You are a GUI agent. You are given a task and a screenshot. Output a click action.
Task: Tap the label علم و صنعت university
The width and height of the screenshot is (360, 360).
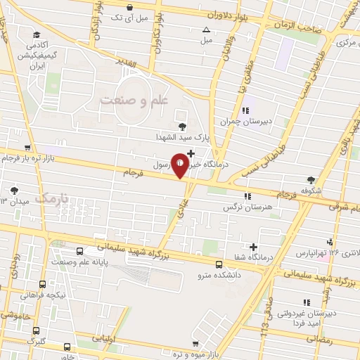pyautogui.click(x=135, y=100)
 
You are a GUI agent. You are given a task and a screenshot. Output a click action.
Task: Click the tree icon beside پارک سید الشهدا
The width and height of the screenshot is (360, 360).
pyautogui.click(x=183, y=127)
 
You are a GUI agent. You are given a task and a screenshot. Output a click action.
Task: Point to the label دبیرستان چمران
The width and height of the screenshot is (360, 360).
pyautogui.click(x=245, y=121)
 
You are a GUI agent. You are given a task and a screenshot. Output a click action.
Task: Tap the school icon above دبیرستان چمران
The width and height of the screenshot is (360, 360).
pyautogui.click(x=245, y=110)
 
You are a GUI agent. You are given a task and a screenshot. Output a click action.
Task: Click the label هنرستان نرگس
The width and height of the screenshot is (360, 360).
pyautogui.click(x=247, y=208)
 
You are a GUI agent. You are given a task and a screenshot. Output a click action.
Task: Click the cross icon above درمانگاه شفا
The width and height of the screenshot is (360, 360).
pyautogui.click(x=254, y=247)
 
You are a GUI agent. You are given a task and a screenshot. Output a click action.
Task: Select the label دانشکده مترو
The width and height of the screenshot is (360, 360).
pyautogui.click(x=219, y=276)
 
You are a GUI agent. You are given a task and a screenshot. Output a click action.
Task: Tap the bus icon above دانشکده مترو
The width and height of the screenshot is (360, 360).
pyautogui.click(x=219, y=265)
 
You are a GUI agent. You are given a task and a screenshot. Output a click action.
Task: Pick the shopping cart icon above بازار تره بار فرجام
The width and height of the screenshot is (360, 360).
pyautogui.click(x=27, y=148)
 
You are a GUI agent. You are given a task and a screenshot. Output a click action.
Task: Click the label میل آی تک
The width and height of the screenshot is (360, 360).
pyautogui.click(x=124, y=16)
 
